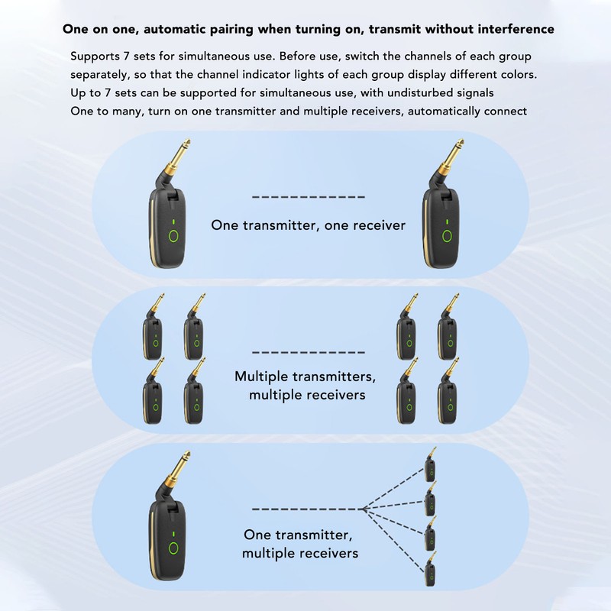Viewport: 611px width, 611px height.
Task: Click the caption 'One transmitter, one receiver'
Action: coord(308,225)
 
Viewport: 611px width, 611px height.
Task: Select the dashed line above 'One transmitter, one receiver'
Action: coord(308,197)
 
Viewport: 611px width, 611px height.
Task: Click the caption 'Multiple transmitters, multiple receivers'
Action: coord(305,386)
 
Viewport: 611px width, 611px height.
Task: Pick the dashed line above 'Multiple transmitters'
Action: coord(308,352)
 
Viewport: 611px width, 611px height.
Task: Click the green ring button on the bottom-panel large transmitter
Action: coord(174,548)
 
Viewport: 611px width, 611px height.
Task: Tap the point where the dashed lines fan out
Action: coord(364,508)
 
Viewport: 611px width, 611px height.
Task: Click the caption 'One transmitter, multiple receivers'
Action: coord(300,543)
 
